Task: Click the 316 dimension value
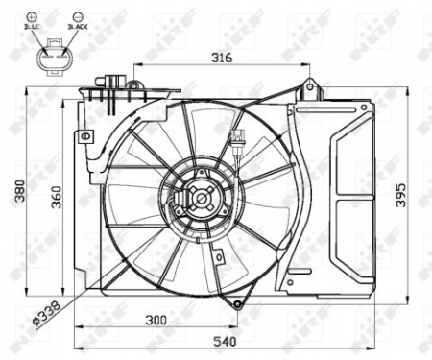[x=222, y=58]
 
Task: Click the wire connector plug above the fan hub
[x=236, y=141]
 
